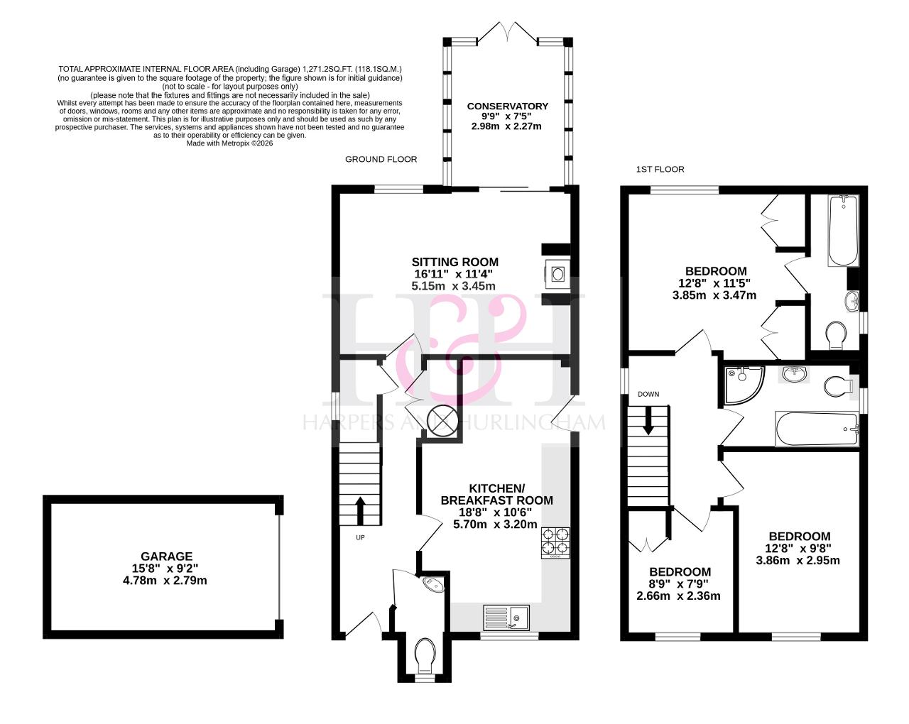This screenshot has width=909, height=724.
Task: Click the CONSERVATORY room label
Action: pos(507,106)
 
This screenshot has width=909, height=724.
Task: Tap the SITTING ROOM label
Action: pos(455,262)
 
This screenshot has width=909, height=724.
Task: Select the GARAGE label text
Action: pos(166,556)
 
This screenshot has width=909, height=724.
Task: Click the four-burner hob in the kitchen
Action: pos(555,543)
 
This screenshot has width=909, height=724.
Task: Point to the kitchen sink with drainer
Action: pos(506,618)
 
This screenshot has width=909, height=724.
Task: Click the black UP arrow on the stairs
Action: pos(360,510)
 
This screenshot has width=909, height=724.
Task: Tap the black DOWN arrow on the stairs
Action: pos(648,421)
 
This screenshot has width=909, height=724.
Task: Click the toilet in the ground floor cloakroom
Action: pos(425,656)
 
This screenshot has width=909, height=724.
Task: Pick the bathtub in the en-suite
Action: pos(844,231)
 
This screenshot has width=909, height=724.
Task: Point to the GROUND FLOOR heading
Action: pos(381,159)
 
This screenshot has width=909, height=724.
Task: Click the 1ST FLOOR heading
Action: pos(660,169)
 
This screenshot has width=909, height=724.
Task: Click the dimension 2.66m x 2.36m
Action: pos(678,596)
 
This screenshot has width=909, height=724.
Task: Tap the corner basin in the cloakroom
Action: pos(434,586)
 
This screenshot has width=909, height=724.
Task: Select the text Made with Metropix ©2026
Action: pos(230,143)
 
